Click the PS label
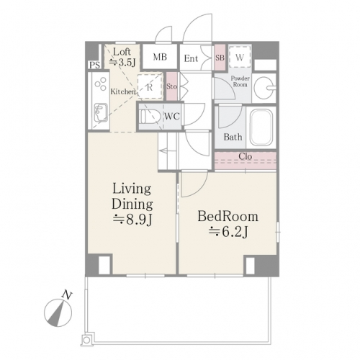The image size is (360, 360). [94, 66]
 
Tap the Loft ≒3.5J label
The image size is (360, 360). [122, 58]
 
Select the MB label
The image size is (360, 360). [160, 57]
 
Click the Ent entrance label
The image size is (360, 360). [191, 58]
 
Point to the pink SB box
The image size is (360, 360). [220, 58]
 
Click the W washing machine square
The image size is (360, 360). [240, 57]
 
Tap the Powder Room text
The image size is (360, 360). [240, 81]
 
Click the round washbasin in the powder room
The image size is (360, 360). [264, 88]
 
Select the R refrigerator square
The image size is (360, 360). [149, 86]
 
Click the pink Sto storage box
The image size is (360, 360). [172, 86]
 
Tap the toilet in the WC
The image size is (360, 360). [150, 117]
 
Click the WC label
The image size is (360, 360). [172, 117]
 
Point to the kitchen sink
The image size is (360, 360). [101, 112]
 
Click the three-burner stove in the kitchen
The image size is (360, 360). [101, 84]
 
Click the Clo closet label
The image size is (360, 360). [245, 156]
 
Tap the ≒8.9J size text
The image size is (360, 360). [132, 220]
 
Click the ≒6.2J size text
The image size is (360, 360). [228, 232]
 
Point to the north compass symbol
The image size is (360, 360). [58, 312]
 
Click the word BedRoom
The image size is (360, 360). [228, 216]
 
